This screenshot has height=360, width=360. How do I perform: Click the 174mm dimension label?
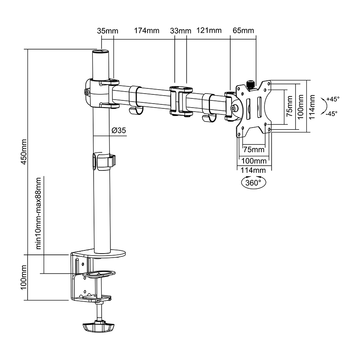(x=146, y=31)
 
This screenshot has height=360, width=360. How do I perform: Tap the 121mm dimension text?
(x=209, y=31)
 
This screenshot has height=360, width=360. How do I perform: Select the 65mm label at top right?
(x=243, y=31)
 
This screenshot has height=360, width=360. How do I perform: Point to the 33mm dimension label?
(x=180, y=31)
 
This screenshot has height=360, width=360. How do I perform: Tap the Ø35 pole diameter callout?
(x=119, y=130)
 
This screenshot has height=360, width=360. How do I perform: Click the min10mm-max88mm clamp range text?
(x=39, y=214)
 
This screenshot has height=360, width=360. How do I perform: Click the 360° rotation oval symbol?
(x=253, y=183)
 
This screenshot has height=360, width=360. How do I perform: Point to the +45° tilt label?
(x=332, y=98)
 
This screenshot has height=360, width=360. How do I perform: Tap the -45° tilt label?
(x=331, y=113)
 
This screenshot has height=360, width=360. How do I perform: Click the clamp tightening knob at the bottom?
(x=98, y=326)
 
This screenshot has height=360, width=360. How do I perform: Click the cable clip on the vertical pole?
(x=103, y=160)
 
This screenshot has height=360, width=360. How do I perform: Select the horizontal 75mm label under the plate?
(x=254, y=150)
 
